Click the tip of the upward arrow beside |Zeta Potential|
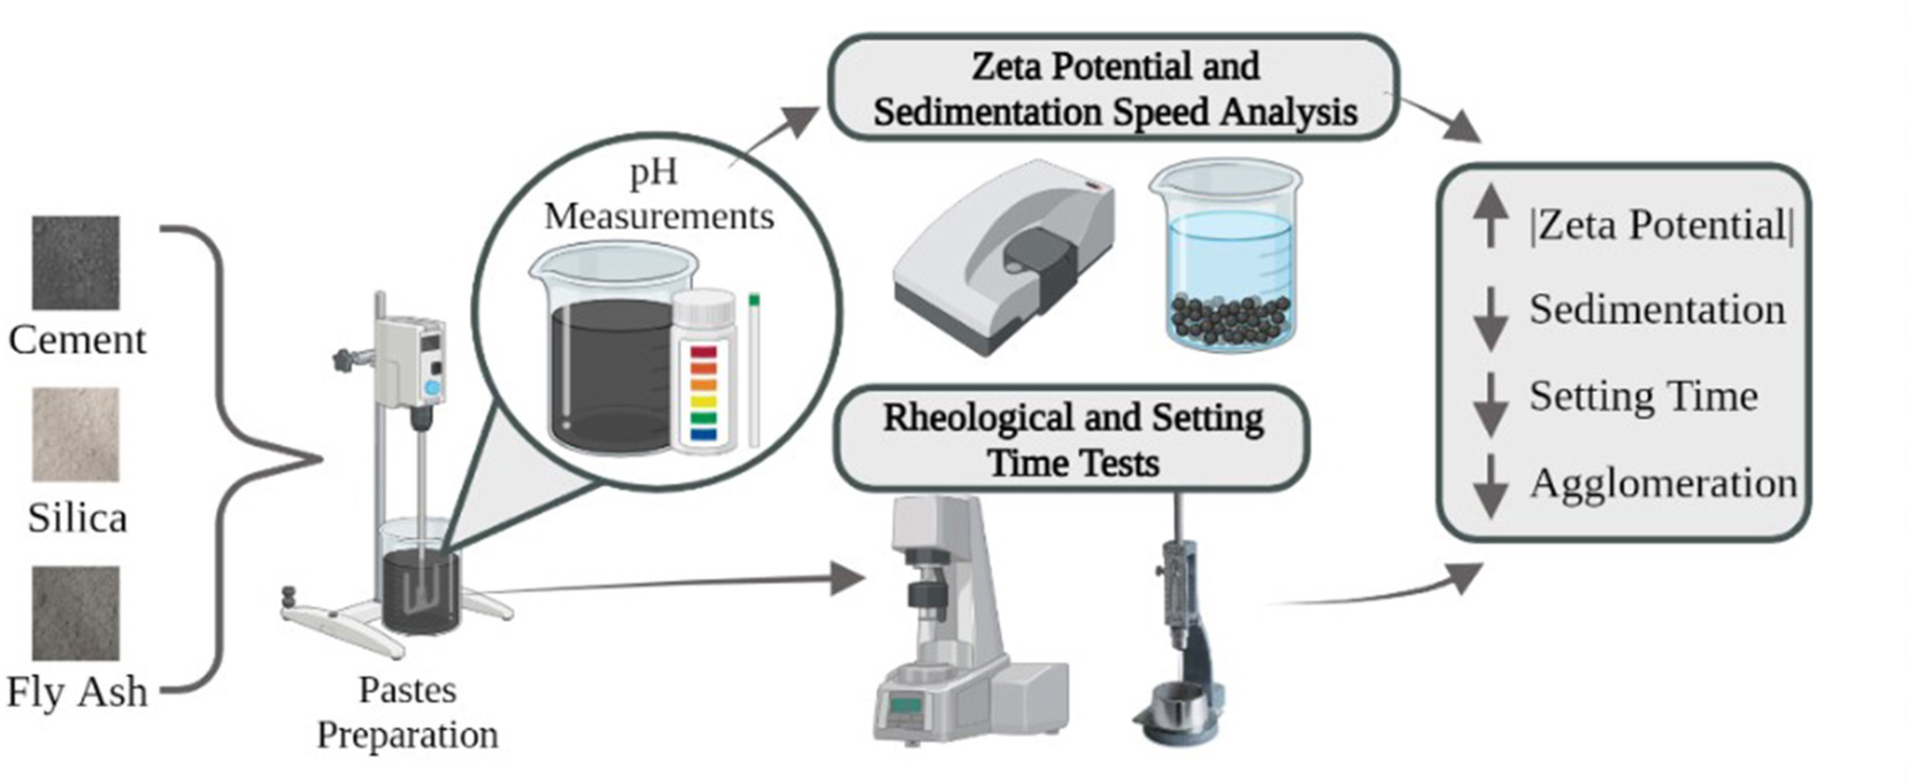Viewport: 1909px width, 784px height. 1490,184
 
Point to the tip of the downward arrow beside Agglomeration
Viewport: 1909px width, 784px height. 1491,518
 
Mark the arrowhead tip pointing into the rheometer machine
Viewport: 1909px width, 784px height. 866,579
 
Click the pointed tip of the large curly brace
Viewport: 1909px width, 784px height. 322,458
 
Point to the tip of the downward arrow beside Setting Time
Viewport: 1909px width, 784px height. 1491,436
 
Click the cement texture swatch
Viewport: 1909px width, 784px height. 76,263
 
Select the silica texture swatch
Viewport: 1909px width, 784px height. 76,434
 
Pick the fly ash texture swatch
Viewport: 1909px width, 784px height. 76,613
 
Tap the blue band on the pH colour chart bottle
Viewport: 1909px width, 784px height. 704,434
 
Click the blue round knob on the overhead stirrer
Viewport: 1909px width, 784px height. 432,388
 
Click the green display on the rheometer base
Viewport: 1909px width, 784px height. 904,705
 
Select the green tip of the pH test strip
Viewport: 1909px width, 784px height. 754,301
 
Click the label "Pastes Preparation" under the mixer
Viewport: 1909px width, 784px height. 408,712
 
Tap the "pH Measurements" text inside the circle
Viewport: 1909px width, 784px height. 658,194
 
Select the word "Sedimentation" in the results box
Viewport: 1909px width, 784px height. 1657,310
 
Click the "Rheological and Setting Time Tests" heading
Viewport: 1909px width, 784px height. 1073,440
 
